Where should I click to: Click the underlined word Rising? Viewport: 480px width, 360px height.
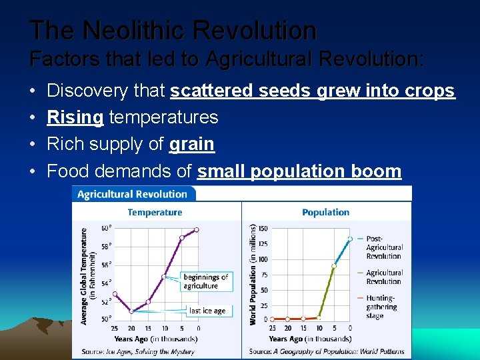[75, 117]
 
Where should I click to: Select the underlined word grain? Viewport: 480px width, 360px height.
[192, 144]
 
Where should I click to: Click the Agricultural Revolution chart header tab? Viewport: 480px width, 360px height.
[133, 194]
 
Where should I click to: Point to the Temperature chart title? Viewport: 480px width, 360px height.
[155, 212]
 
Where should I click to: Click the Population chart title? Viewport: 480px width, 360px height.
[325, 212]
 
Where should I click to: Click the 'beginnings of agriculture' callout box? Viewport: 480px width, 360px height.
[205, 281]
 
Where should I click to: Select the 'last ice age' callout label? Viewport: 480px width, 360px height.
[207, 311]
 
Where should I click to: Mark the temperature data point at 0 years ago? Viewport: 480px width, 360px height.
[197, 230]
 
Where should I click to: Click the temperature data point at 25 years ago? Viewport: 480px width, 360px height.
[115, 293]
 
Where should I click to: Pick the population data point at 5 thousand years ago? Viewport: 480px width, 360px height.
[334, 266]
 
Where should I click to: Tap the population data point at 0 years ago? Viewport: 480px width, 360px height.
[350, 239]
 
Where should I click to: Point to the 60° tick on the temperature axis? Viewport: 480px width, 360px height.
[105, 229]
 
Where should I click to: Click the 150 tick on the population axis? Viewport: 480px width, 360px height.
[262, 229]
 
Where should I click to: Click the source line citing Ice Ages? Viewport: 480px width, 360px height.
[139, 351]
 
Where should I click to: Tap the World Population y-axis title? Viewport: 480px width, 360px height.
[253, 275]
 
